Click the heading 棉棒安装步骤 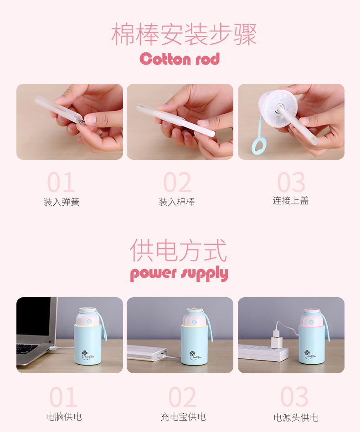[x=184, y=34]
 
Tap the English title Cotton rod [x=180, y=59]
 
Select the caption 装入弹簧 [x=62, y=202]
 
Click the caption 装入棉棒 [x=177, y=202]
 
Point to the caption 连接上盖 [x=291, y=200]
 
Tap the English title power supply [x=179, y=274]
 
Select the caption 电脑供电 [x=64, y=416]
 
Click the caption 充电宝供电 [x=183, y=416]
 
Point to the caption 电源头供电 [x=296, y=417]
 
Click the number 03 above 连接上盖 [x=291, y=183]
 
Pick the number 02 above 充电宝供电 [x=182, y=397]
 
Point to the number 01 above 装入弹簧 [x=61, y=183]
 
